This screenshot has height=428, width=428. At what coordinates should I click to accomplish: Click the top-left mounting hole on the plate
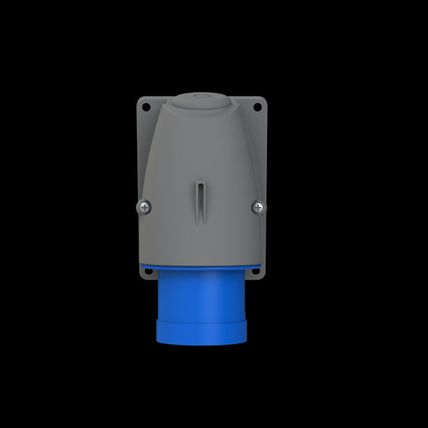point(146,107)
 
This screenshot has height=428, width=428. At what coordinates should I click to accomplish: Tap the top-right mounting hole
point(258,107)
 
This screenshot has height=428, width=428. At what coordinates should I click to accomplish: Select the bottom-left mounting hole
point(147,270)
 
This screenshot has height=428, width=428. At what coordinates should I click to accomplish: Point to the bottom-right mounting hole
point(257,270)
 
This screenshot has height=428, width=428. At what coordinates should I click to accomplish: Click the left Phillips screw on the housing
point(144,207)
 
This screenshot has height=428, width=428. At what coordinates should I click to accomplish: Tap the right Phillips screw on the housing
point(258,207)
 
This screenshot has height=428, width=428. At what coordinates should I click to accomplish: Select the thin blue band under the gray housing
point(201,266)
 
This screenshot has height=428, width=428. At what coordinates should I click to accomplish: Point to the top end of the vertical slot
point(201,184)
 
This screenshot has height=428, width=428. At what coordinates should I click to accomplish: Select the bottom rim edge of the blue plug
point(201,346)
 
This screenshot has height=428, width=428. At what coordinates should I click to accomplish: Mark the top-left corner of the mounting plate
point(139,99)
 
